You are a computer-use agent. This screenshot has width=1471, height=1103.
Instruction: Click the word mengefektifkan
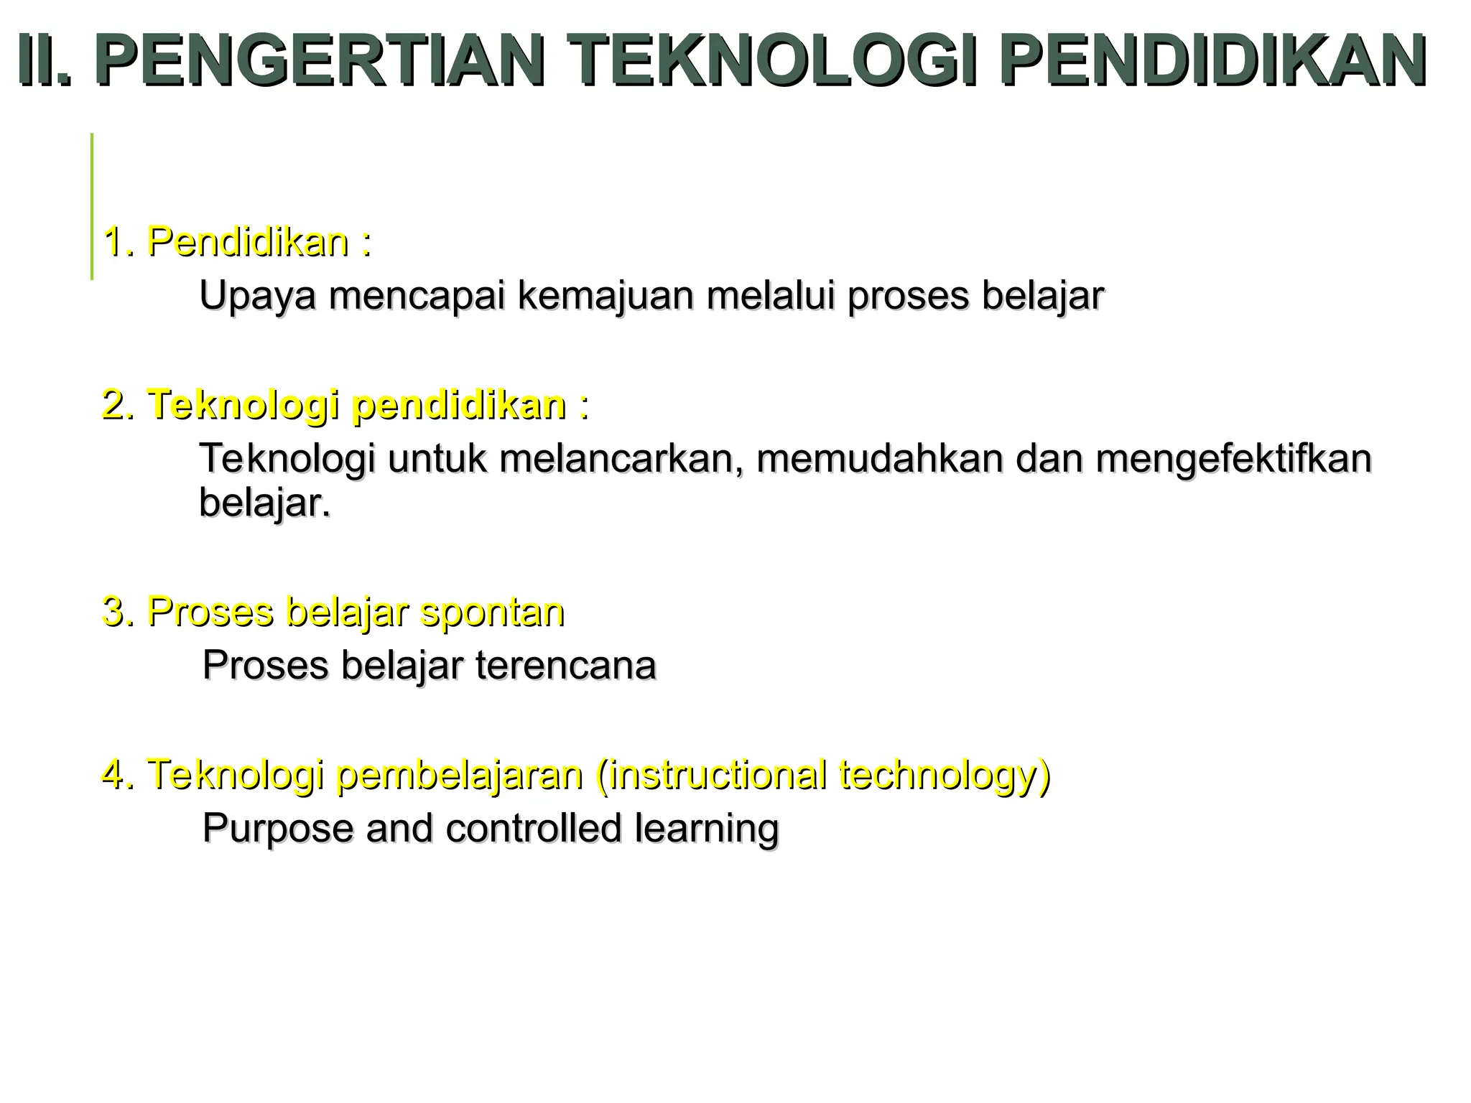[x=1233, y=460]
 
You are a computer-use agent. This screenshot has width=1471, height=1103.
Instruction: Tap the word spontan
[x=492, y=613]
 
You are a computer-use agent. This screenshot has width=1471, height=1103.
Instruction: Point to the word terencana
[x=566, y=666]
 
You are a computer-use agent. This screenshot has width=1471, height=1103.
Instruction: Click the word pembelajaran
[x=459, y=775]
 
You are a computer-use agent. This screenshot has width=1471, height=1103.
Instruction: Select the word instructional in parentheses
[x=710, y=775]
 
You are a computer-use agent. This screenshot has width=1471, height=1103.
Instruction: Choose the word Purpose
[x=278, y=829]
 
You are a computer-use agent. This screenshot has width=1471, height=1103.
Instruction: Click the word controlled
[x=533, y=828]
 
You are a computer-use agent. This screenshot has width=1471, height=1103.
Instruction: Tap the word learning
[x=707, y=829]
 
